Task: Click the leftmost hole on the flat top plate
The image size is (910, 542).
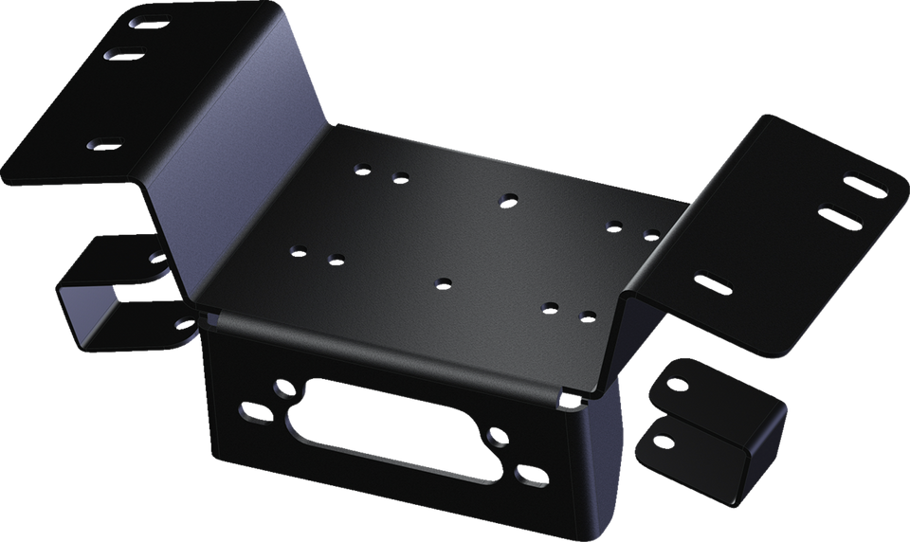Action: pos(299,251)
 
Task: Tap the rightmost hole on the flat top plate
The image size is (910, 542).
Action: pos(651,234)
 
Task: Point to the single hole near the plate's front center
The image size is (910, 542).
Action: pos(443,281)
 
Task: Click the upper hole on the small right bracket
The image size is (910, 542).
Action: pos(676,384)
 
